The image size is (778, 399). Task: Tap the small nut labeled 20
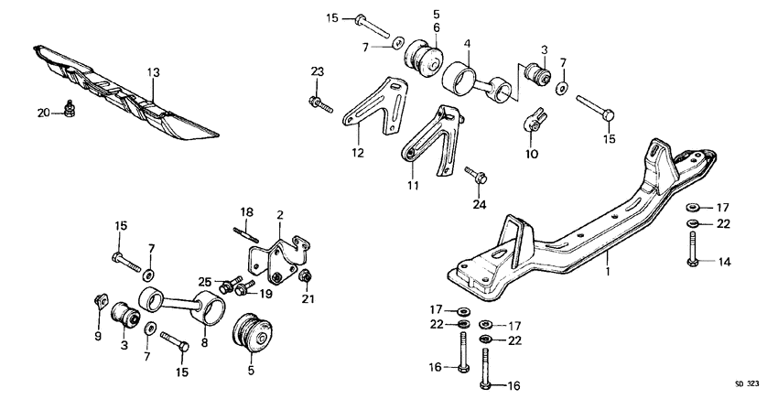click(70, 110)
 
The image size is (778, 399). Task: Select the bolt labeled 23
click(319, 102)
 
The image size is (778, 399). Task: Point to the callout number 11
click(411, 186)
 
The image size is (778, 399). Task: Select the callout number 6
click(437, 28)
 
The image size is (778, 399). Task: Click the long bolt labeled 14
click(693, 250)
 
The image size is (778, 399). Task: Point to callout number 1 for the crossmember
click(606, 272)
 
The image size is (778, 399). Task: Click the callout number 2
click(280, 214)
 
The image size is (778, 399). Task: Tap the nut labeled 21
click(308, 277)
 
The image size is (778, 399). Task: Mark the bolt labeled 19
click(243, 290)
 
